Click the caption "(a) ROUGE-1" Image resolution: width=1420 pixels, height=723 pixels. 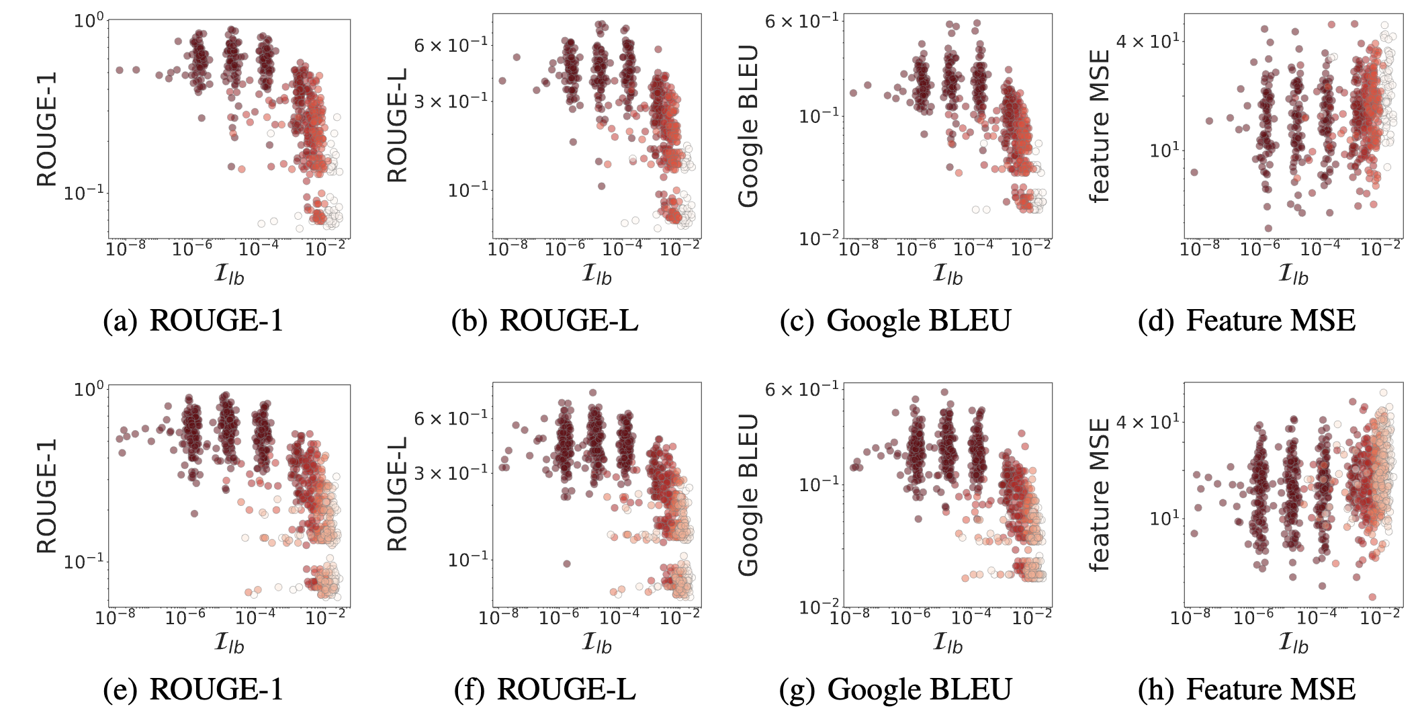193,321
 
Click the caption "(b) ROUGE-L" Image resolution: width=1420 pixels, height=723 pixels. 545,321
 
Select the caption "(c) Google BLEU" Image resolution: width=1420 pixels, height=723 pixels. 895,321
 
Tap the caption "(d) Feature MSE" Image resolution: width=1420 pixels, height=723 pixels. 1247,321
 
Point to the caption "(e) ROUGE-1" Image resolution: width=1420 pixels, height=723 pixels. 193,689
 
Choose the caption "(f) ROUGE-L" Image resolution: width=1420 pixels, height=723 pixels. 545,689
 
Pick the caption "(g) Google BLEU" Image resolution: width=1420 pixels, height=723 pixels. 895,689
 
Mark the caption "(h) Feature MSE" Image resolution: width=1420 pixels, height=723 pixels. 1247,689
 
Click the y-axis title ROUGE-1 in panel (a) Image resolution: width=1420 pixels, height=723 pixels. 47,129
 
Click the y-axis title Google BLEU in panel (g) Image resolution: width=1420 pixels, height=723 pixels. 748,495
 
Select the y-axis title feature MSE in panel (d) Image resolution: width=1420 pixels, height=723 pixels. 1099,126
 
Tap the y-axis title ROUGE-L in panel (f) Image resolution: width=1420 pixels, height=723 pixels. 398,494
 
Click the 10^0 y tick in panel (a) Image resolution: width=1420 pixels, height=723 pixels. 89,21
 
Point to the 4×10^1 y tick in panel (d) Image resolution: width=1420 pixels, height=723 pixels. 1147,42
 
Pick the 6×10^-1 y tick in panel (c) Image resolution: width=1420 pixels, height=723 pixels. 802,22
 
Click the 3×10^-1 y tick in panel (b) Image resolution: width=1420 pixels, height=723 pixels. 451,101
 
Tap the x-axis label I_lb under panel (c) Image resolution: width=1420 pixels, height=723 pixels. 948,273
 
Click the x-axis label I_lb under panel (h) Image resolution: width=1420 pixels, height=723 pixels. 1293,643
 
